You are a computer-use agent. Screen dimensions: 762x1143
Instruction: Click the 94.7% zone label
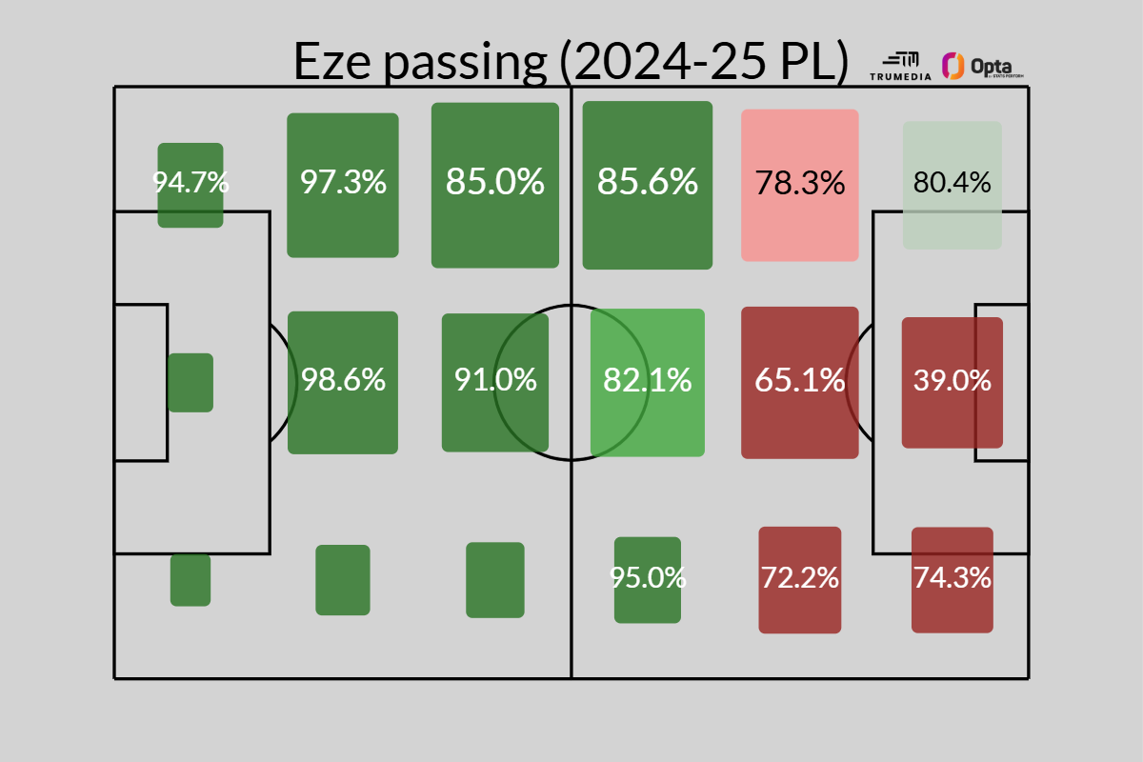190,182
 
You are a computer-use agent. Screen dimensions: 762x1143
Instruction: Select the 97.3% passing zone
343,185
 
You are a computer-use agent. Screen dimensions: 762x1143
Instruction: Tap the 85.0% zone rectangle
494,185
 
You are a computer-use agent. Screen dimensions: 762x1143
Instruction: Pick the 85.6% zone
648,185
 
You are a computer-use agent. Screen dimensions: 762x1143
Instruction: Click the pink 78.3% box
800,185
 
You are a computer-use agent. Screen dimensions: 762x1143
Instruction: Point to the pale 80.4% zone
952,185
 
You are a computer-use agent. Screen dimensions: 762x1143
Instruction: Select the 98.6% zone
343,382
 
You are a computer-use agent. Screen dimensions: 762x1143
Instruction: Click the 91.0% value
495,381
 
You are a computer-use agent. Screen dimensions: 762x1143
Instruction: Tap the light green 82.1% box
648,382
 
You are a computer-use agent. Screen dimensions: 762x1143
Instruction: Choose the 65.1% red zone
800,382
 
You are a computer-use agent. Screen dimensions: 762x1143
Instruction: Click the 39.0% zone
952,382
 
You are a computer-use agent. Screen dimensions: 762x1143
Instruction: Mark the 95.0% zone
648,579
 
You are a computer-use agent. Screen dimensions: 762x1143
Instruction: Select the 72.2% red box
800,579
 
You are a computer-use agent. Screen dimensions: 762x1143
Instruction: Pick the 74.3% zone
952,579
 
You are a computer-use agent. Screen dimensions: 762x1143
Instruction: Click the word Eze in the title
328,63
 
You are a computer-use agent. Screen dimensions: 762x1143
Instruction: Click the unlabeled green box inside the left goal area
190,382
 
